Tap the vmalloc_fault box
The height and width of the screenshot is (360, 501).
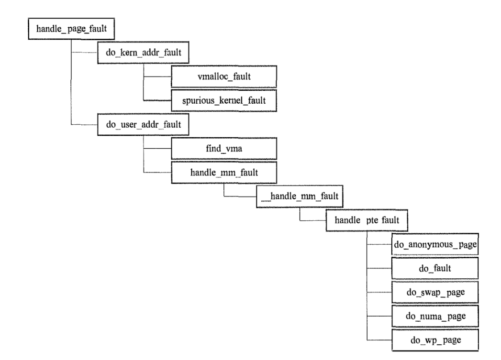[x=224, y=76]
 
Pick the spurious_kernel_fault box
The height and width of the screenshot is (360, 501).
[x=224, y=101]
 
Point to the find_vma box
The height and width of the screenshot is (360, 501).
[x=224, y=149]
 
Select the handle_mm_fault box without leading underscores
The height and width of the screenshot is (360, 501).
[x=224, y=173]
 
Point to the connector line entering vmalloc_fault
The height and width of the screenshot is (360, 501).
[x=158, y=76]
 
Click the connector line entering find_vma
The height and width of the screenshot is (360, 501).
[x=158, y=149]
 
